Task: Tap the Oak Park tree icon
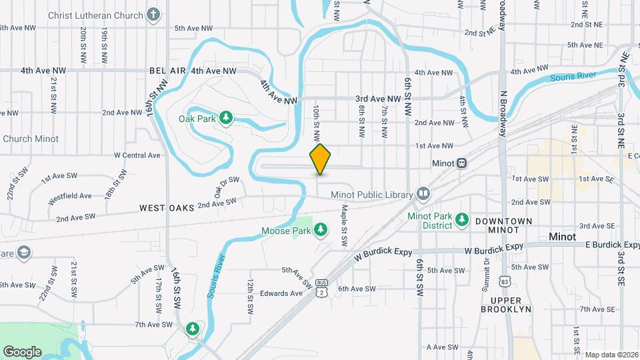tap(225, 118)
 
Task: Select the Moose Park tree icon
tap(321, 230)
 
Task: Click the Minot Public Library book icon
tap(423, 194)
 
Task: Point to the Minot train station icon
tap(461, 163)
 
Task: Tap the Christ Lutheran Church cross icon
tap(154, 15)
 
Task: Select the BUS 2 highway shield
tap(323, 287)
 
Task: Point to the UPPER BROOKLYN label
tap(505, 305)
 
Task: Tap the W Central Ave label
tap(137, 155)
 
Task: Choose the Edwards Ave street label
tap(281, 293)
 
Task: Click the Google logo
tap(22, 351)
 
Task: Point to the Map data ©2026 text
tap(611, 355)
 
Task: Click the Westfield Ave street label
tap(70, 198)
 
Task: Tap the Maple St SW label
tap(344, 225)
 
